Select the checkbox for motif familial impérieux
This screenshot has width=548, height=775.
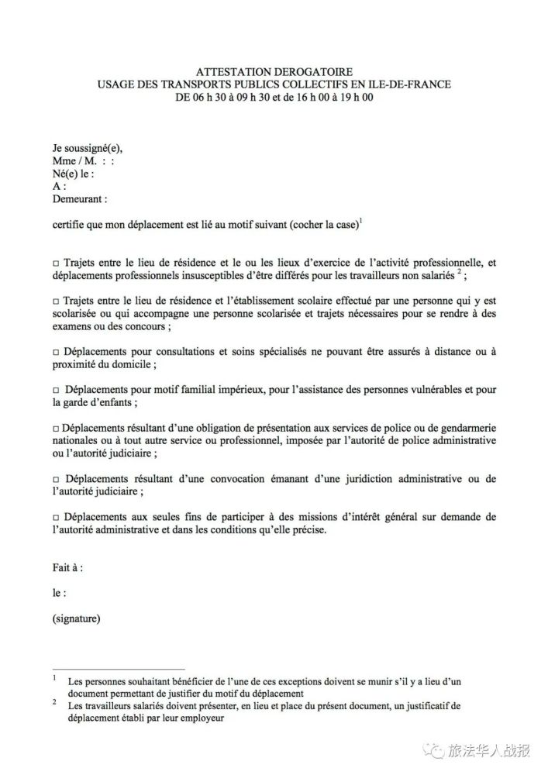pyautogui.click(x=55, y=390)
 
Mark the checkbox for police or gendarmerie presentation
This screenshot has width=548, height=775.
pyautogui.click(x=55, y=428)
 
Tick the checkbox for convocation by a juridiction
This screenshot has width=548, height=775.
pyautogui.click(x=55, y=478)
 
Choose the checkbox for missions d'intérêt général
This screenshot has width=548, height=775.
pyautogui.click(x=55, y=516)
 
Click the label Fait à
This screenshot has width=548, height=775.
pyautogui.click(x=67, y=567)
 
